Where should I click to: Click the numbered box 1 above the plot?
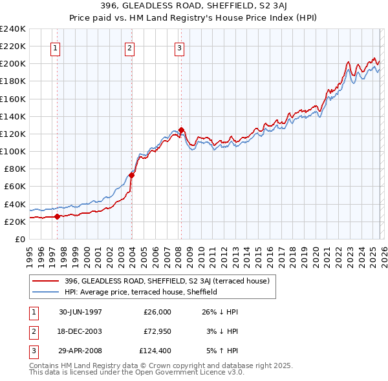tap(56, 48)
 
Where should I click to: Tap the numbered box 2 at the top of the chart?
tap(130, 48)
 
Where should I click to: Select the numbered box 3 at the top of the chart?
tap(179, 48)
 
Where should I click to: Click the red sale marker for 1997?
tap(57, 216)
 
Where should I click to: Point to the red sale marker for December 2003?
tap(131, 175)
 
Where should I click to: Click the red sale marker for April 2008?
tap(181, 130)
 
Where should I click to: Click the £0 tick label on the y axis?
tap(19, 239)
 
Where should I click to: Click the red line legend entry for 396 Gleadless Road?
tap(171, 280)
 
